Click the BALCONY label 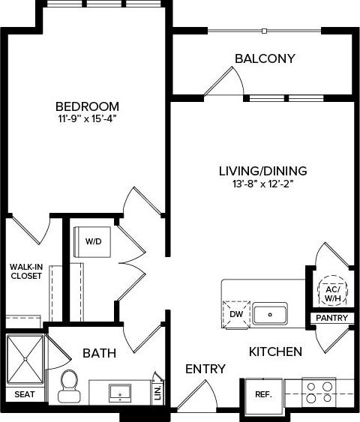coord(264,58)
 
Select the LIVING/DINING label coord(262,171)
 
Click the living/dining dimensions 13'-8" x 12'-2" coord(262,184)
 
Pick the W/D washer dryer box coord(94,241)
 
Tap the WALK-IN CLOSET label coord(25,271)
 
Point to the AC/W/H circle coord(331,294)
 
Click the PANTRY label coord(331,319)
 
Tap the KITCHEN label coord(275,351)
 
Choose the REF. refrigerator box coord(262,394)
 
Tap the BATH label coord(98,352)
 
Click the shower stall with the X coord(25,359)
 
